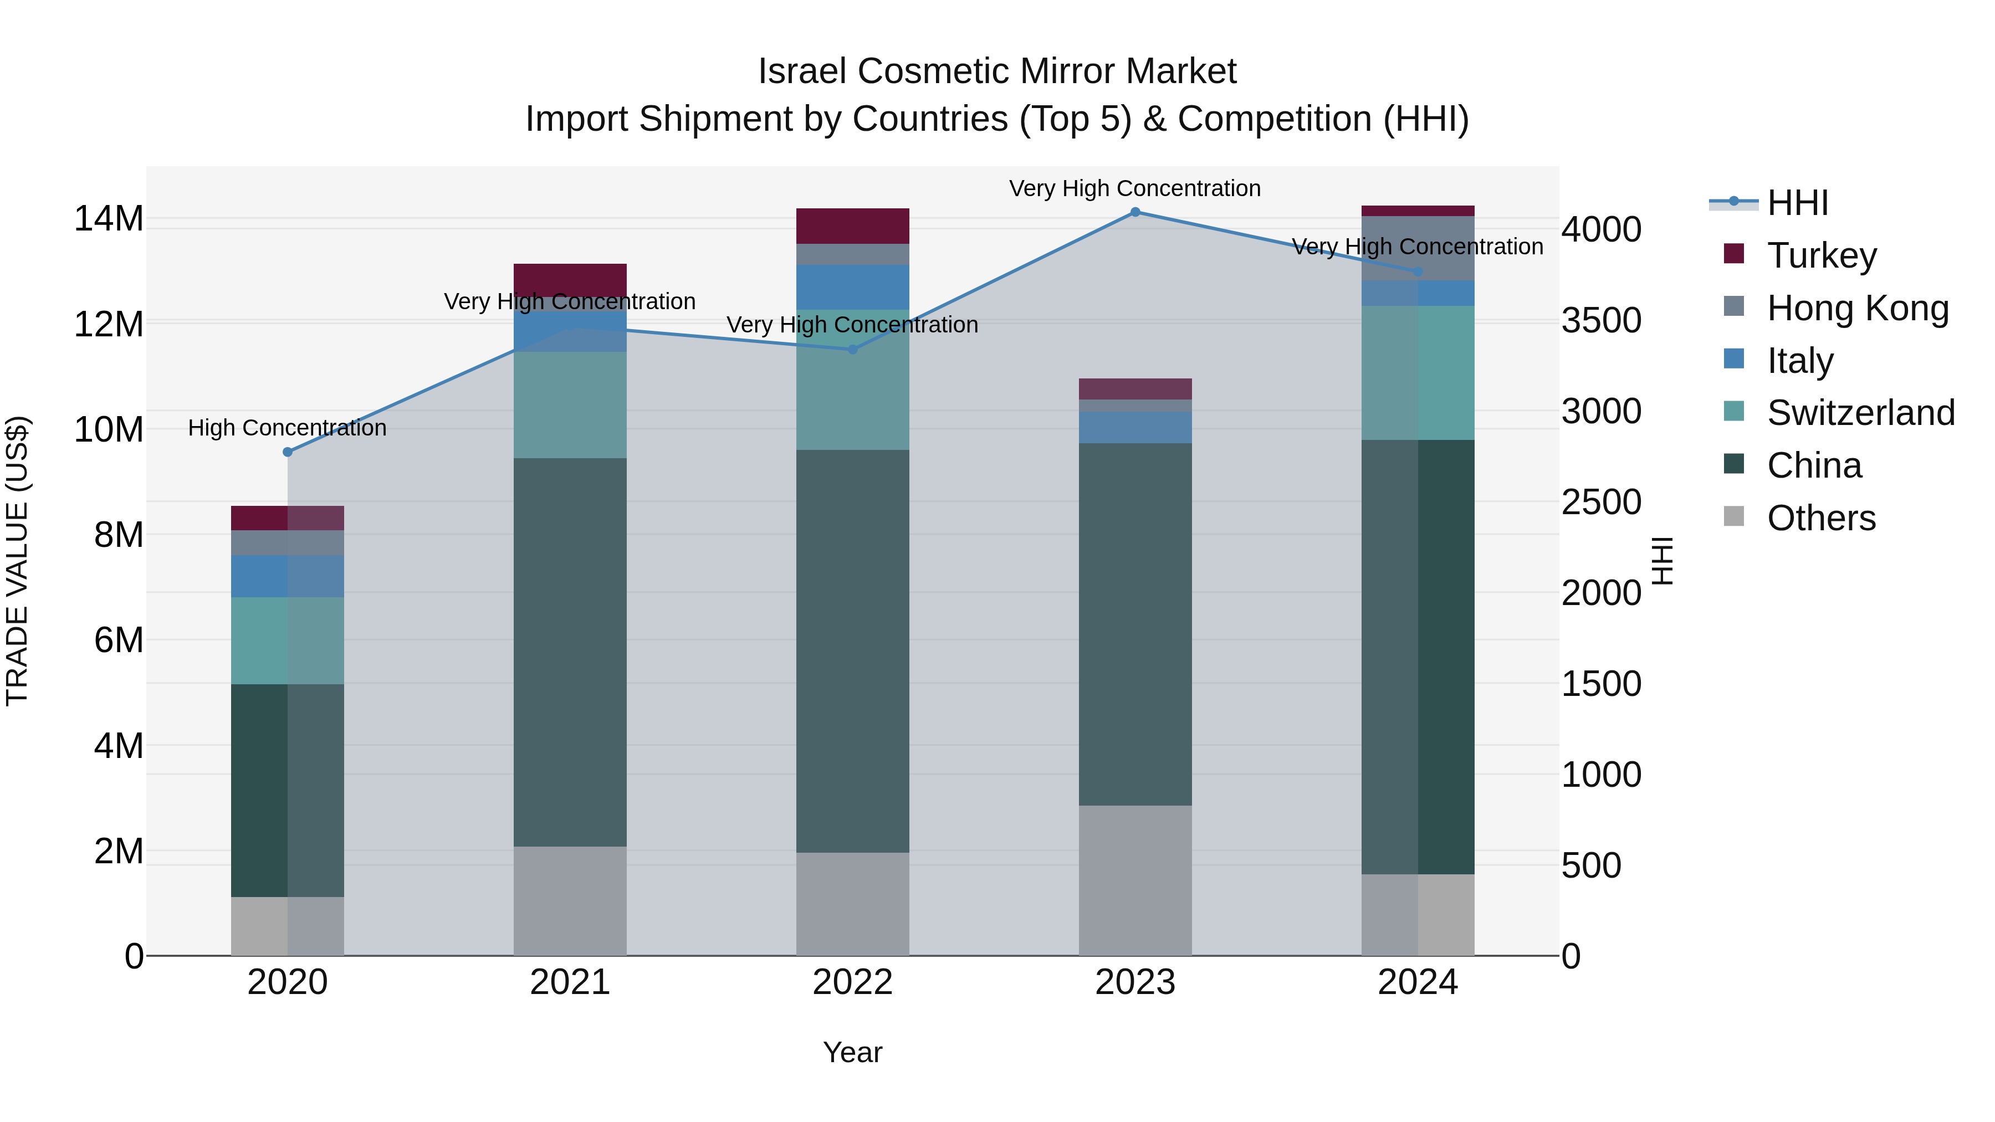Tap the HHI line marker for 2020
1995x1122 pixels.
click(287, 452)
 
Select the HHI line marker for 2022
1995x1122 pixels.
click(853, 349)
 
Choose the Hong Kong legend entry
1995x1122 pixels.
click(1856, 308)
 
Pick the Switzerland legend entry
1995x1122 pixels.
click(1859, 413)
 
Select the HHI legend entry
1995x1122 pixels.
click(1797, 203)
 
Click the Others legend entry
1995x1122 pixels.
click(1820, 518)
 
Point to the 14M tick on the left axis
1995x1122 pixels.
click(109, 218)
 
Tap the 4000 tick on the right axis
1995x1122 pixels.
click(1600, 229)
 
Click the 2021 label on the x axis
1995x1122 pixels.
click(570, 982)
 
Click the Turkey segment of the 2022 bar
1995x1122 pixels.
click(853, 226)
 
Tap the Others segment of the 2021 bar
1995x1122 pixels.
click(570, 900)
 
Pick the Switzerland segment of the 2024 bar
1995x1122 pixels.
click(1418, 372)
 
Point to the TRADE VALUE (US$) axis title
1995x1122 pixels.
click(17, 561)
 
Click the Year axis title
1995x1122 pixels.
click(853, 1052)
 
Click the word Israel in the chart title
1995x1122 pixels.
click(802, 71)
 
